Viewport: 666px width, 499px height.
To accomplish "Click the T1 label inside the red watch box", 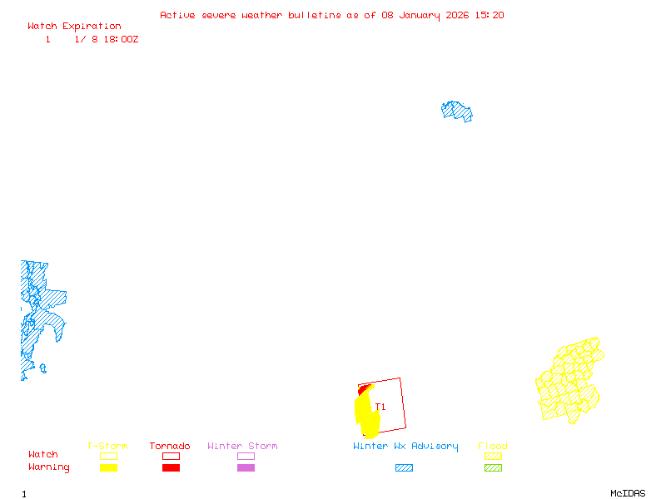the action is coord(380,407).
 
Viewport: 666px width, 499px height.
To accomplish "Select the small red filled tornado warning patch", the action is coord(362,388).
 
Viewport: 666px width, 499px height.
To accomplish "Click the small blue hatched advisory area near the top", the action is coord(457,111).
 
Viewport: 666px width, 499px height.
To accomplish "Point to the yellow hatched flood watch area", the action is coord(569,381).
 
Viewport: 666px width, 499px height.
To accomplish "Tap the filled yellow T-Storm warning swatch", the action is coord(108,467).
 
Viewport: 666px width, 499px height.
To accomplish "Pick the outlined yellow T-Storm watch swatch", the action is coord(108,456).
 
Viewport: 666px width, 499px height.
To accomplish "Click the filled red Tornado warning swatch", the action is coord(171,467).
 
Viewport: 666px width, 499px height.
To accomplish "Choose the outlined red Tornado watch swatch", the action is coord(171,456).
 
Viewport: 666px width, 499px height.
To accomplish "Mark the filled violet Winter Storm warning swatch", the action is coord(246,467).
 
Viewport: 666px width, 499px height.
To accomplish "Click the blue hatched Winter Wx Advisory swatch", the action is coord(404,467).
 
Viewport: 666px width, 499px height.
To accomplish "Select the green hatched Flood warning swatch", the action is coord(493,467).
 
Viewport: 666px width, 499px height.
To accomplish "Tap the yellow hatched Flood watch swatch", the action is coord(493,456).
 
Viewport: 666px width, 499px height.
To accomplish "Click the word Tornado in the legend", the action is coord(170,447).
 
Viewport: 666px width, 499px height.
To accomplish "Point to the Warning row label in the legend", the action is coord(49,467).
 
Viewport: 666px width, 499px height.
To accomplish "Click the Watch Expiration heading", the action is coord(74,27).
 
